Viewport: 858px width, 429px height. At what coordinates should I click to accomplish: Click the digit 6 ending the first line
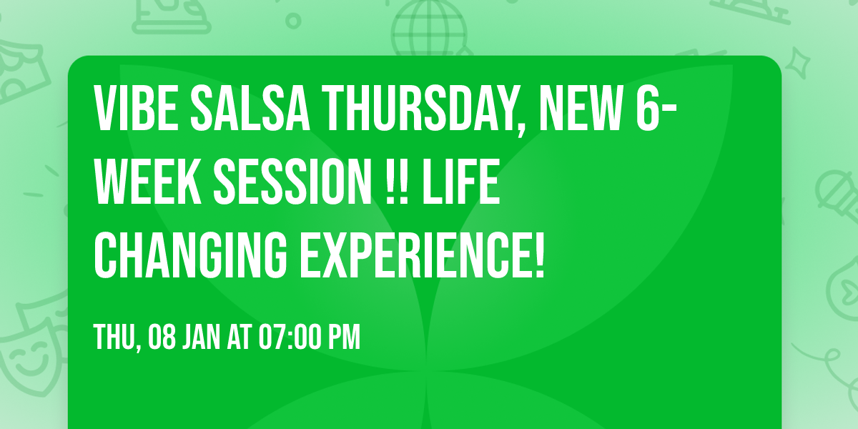coord(652,110)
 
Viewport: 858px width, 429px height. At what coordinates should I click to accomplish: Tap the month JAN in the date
coord(204,338)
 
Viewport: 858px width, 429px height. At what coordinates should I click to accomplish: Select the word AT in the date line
coord(240,338)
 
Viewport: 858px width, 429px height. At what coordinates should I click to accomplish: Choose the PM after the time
coord(344,338)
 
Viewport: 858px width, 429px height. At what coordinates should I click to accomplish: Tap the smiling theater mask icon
coord(29,350)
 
